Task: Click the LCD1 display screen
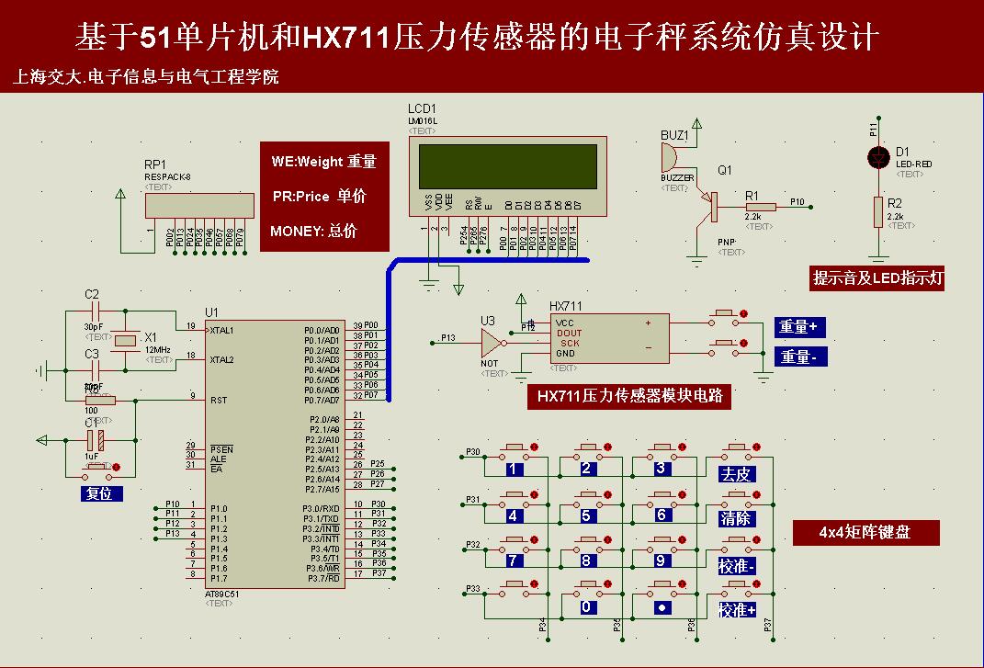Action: (x=507, y=166)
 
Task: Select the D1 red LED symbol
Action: (x=878, y=157)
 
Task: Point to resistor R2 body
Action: (x=878, y=211)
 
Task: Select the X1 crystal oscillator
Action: (x=126, y=341)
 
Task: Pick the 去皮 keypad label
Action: (x=736, y=474)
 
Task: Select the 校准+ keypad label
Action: (x=738, y=610)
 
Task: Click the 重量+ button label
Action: (x=799, y=327)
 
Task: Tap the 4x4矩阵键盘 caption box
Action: (x=865, y=532)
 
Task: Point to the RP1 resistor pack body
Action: (x=201, y=207)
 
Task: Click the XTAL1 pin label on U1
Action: (x=222, y=330)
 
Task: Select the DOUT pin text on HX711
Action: (x=569, y=334)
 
